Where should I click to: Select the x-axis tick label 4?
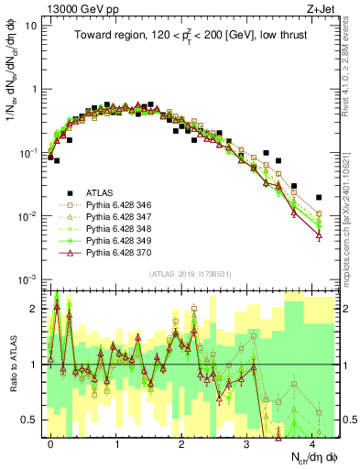tap(313, 443)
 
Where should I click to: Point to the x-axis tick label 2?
tap(182, 443)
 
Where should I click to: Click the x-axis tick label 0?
tap(51, 443)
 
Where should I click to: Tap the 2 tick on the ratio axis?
tap(37, 309)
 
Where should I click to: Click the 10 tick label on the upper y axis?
tap(32, 26)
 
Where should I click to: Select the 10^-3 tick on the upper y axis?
tap(29, 278)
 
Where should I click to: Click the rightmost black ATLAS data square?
tap(319, 197)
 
